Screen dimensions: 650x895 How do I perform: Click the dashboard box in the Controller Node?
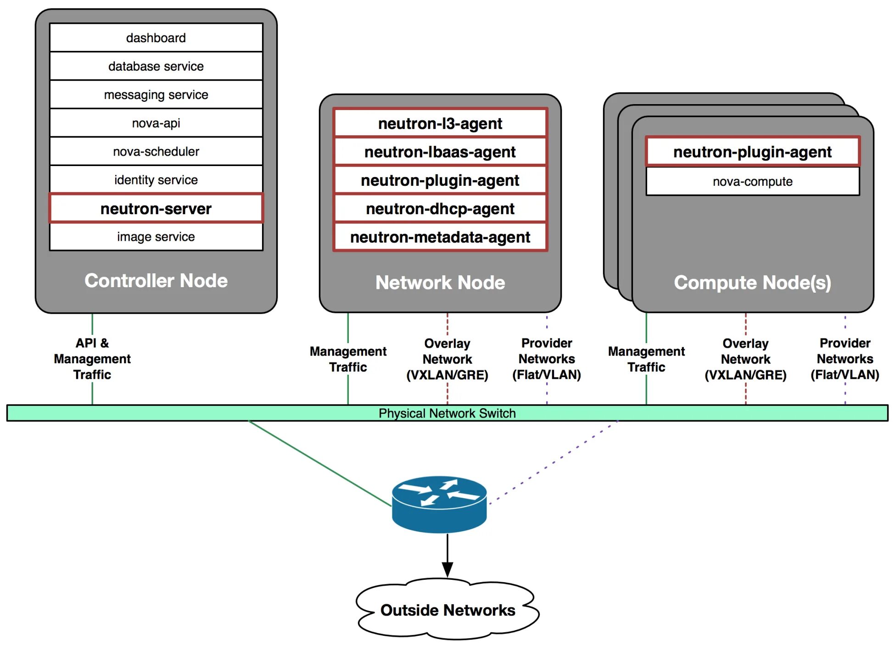point(156,38)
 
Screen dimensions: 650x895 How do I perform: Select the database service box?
point(156,66)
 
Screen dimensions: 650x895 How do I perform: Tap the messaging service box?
point(156,94)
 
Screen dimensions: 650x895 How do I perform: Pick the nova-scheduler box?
point(156,151)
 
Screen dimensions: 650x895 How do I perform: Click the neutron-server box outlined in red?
point(156,209)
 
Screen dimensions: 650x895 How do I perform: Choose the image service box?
point(156,237)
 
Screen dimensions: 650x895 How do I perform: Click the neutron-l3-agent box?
point(440,123)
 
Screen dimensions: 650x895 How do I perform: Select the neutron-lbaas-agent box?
point(440,152)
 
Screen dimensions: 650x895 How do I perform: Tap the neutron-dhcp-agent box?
point(440,209)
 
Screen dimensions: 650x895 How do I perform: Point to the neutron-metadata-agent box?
point(440,237)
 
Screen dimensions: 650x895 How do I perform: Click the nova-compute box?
point(753,182)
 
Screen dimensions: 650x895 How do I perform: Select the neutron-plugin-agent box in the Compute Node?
point(753,152)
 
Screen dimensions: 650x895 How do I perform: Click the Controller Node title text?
point(156,280)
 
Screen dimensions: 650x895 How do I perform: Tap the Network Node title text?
point(440,283)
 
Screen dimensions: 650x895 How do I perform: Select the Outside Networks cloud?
point(447,610)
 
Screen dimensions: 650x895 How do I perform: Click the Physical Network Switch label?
point(447,413)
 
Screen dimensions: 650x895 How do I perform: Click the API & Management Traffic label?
point(92,359)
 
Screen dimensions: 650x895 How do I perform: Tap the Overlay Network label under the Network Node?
point(447,359)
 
